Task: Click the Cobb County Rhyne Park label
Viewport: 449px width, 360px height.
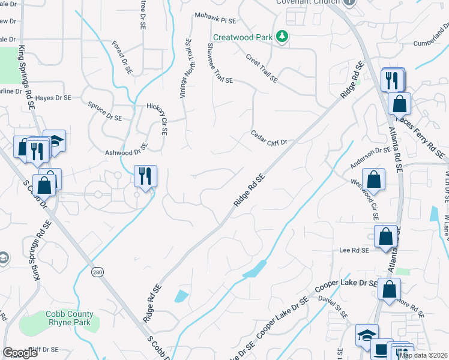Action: pos(70,318)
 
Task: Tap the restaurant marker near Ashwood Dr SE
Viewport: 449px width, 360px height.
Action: pos(145,176)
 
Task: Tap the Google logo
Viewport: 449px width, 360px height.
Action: pos(20,353)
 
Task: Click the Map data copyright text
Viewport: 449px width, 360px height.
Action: pos(423,355)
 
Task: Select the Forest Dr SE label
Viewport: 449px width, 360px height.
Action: pos(122,58)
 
